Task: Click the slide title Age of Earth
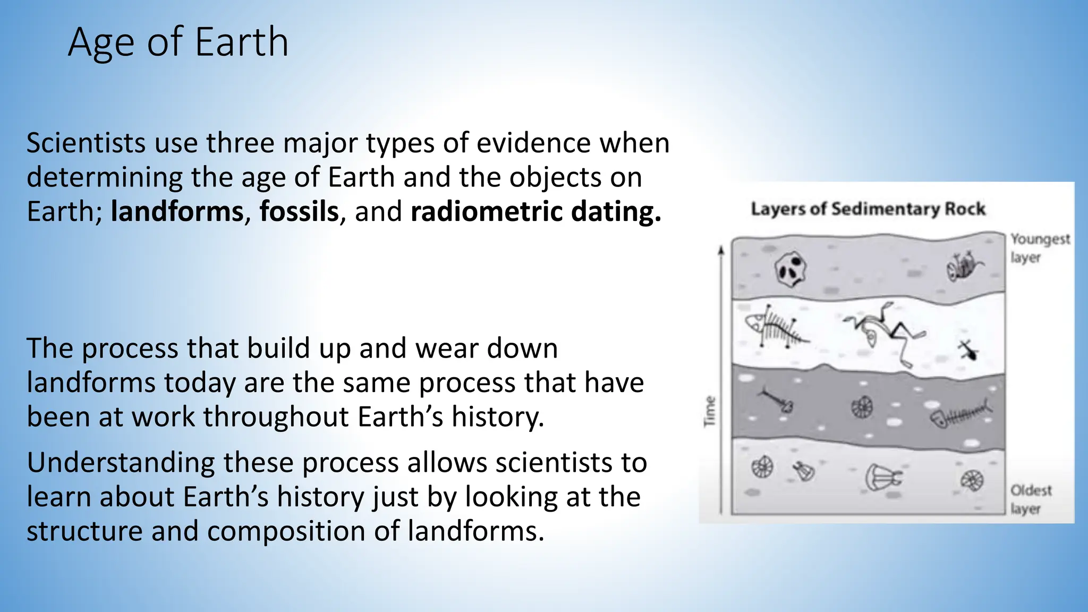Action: click(x=178, y=42)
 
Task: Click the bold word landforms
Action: click(x=177, y=211)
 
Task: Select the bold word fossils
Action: click(x=299, y=211)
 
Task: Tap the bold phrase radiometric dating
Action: click(x=535, y=211)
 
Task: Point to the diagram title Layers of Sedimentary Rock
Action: click(x=868, y=209)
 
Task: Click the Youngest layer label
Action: click(x=1039, y=248)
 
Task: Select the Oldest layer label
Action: click(x=1030, y=499)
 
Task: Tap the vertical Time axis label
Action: click(x=710, y=411)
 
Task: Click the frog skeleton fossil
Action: click(x=884, y=332)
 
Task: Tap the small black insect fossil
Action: click(x=968, y=350)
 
